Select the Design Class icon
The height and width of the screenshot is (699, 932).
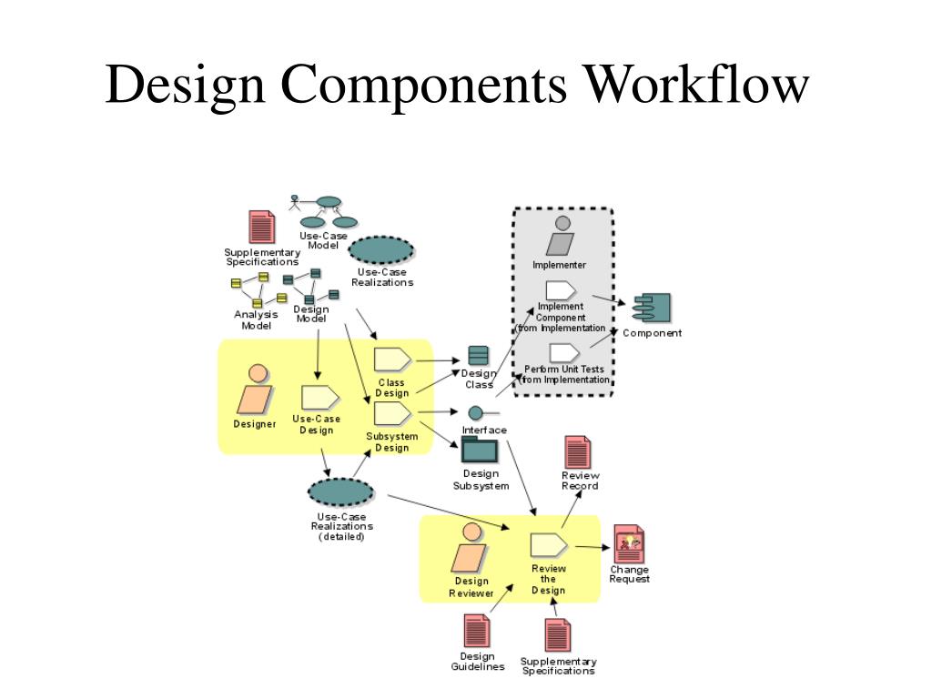point(478,356)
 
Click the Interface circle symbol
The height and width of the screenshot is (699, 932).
point(475,413)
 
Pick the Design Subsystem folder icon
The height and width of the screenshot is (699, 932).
point(480,451)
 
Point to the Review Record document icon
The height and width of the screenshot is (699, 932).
point(577,453)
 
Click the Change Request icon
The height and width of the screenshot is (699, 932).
point(628,544)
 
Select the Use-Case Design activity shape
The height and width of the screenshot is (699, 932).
point(319,397)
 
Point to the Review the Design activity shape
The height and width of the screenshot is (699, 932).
point(549,545)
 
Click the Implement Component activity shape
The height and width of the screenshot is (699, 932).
point(560,291)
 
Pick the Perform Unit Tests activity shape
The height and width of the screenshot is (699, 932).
point(564,352)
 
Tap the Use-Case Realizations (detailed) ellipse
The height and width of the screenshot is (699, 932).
point(340,492)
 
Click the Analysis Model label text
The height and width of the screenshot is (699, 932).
point(256,319)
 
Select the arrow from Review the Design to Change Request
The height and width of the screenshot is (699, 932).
point(591,546)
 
